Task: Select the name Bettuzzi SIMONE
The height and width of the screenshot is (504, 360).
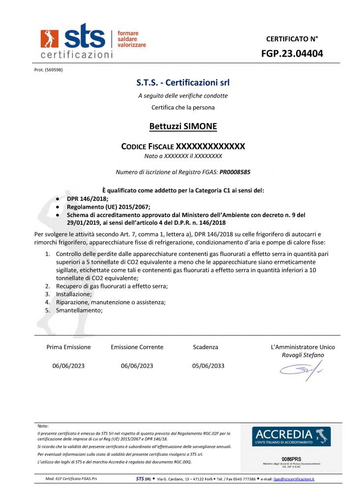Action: coord(183,126)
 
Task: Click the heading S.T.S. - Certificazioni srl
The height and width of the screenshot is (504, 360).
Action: coord(183,82)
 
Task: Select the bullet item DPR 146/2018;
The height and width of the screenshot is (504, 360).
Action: coord(88,198)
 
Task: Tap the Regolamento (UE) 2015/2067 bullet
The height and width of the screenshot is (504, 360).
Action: coord(109,207)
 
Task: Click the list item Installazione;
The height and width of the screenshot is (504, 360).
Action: coord(73,294)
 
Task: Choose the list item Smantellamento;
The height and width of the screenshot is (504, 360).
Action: coord(79,310)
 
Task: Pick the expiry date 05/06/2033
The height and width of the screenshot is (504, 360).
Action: coord(208,366)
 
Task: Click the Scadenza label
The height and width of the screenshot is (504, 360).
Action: coord(206,347)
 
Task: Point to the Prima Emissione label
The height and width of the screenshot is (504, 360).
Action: coord(68,347)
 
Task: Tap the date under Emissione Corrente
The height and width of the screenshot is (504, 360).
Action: coord(137,366)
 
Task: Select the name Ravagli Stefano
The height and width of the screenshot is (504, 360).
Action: coord(302,355)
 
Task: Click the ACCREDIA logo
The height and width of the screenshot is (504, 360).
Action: coord(291,436)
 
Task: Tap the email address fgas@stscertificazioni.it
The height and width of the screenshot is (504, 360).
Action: coord(294,479)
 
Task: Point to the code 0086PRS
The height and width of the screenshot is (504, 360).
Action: coord(291,458)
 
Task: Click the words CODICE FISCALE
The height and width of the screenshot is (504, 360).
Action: coord(148,146)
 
